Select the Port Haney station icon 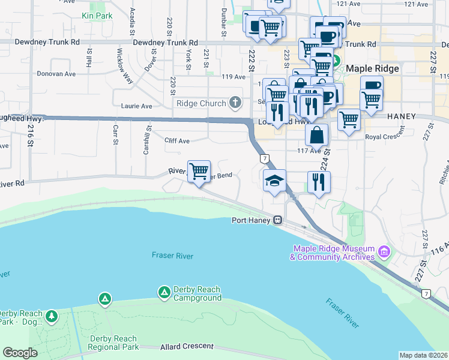coord(278,220)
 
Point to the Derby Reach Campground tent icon coord(164,292)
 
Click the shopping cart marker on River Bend coord(199,171)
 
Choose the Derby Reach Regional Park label coord(114,342)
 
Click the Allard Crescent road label coord(187,346)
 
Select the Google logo coord(20,353)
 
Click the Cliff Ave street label coord(177,140)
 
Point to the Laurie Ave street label coord(138,106)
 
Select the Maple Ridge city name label coord(372,68)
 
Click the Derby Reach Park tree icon coord(52,315)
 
